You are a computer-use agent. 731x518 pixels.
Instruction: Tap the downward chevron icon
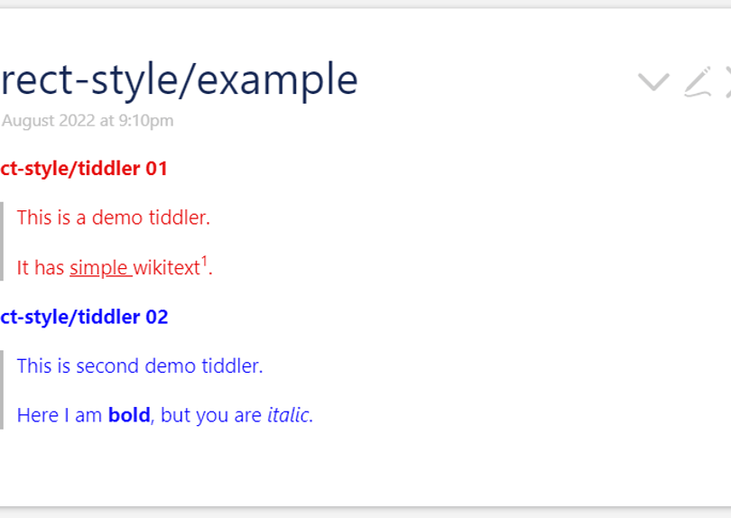pos(652,82)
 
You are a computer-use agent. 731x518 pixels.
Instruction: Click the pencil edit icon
pos(698,81)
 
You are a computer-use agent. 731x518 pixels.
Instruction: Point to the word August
pos(27,121)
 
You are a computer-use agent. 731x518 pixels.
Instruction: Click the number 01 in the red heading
pos(156,169)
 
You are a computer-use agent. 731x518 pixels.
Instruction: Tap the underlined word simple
pos(99,268)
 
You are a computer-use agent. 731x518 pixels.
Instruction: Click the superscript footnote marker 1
pos(204,263)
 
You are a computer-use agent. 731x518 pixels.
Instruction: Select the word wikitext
pos(166,268)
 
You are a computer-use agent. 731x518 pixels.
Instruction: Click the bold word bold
pos(129,416)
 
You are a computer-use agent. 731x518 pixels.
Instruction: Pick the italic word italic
pos(288,416)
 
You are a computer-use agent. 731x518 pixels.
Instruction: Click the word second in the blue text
pos(108,366)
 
